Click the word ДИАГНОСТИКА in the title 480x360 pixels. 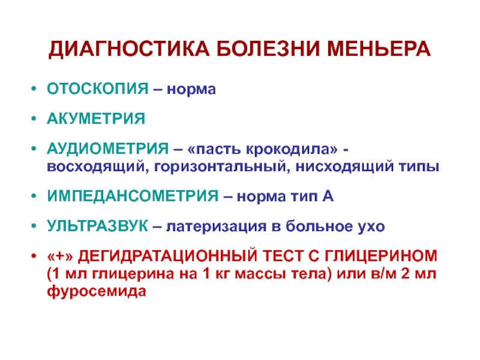pos(129,50)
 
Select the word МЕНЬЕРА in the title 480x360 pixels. pos(379,49)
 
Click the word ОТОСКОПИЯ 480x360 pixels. pos(98,89)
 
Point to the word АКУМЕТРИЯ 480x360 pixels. pos(96,118)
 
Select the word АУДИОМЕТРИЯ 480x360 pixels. pos(108,148)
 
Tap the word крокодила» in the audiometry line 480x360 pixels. pos(292,149)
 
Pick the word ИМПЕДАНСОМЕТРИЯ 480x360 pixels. pos(133,196)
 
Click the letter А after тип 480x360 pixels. pos(328,196)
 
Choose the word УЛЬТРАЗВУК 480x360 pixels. pos(97,226)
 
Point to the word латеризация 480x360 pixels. pos(216,227)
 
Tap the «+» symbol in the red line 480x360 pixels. pos(60,256)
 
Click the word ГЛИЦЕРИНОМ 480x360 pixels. pos(381,256)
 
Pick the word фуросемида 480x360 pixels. pos(97,291)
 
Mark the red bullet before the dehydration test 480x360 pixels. pos(34,255)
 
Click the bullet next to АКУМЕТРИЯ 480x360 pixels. pos(34,118)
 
